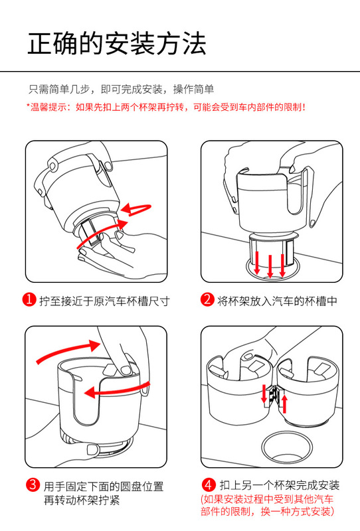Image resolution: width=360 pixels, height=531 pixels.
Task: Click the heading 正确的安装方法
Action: pos(117,44)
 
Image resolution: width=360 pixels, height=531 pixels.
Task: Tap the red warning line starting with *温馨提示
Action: pos(166,108)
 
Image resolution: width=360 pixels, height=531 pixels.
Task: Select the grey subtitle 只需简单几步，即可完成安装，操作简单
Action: pos(121,89)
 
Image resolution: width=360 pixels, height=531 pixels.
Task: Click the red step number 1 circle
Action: pos(29,299)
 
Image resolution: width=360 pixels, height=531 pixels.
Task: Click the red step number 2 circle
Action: pos(207,299)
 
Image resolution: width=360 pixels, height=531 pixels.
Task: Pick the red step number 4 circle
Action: pos(209,485)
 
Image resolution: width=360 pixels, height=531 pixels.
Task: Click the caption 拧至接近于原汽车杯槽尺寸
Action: pos(104,301)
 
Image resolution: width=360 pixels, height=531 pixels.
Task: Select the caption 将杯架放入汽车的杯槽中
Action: pos(277,301)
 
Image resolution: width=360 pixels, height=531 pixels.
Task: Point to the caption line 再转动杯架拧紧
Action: pos(82,500)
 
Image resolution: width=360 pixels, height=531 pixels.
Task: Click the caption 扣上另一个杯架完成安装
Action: pos(280,485)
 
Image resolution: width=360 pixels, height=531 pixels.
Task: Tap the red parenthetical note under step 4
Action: pos(268,505)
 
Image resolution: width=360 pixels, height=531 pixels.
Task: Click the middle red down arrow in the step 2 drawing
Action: pos(270,266)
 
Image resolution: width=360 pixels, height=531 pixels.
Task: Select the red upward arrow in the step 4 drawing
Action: pos(285,404)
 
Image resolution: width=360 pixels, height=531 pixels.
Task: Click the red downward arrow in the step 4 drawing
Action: pos(264,394)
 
